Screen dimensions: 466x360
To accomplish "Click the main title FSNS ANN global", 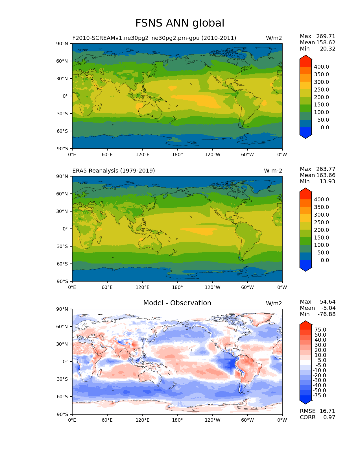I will (180, 23).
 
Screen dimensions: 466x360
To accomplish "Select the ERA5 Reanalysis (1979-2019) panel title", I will (114, 171).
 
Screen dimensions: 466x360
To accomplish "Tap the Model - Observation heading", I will (177, 303).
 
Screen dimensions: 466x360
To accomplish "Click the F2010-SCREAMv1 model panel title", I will (154, 38).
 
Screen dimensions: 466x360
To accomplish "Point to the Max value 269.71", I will (326, 36).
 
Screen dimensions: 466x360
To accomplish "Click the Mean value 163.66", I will (326, 175).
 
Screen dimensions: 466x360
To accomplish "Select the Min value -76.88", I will (327, 314).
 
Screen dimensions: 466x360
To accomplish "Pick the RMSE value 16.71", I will (327, 411).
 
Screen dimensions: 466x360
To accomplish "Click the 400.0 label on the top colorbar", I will (321, 67).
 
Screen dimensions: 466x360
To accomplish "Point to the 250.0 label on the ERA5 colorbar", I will (321, 223).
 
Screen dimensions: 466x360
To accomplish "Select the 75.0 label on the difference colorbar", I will (320, 330).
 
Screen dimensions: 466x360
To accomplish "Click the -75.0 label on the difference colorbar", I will (320, 396).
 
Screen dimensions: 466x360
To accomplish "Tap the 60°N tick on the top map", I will (63, 61).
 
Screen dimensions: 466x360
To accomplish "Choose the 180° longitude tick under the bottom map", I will (177, 420).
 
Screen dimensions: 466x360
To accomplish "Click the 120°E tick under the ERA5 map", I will (142, 288).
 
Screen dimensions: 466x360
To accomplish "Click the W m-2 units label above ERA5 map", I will (273, 171).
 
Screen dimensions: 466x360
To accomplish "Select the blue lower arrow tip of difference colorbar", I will (306, 402).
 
